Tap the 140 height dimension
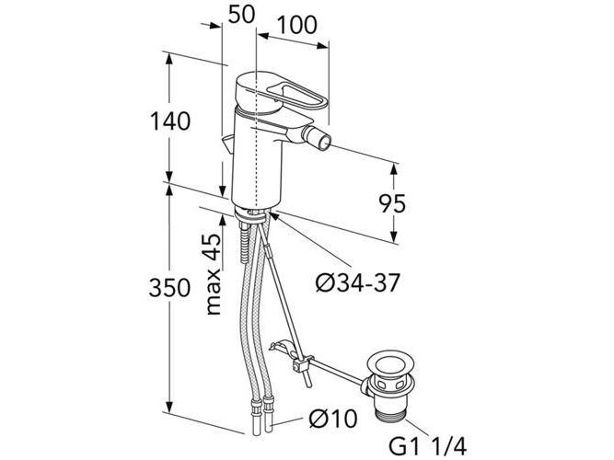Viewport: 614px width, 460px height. pos(169,120)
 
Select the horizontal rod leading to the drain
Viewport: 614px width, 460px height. pos(337,371)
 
